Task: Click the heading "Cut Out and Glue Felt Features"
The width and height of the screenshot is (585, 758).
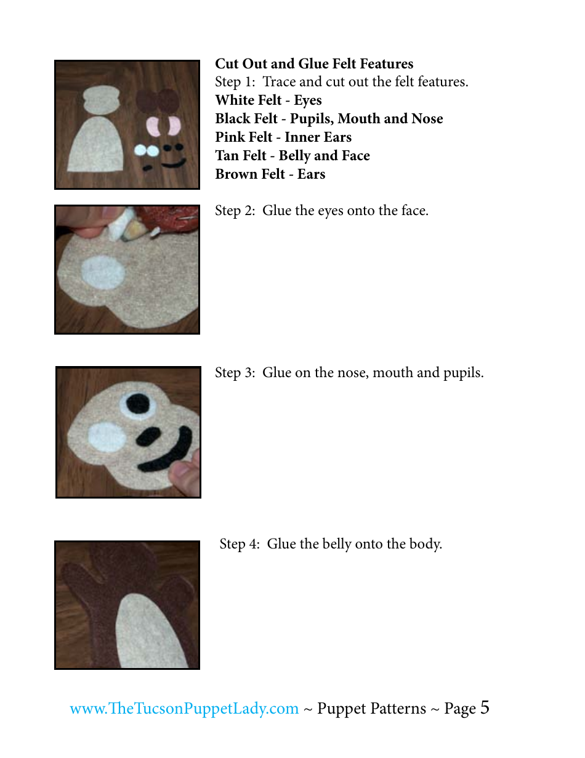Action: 314,64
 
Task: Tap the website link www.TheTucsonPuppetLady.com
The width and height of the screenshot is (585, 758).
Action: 184,709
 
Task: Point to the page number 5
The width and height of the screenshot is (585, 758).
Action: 485,707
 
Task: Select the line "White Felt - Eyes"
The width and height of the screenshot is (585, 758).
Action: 268,100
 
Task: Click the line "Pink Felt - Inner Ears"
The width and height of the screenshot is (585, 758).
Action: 283,137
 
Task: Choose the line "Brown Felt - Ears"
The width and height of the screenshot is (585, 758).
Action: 270,174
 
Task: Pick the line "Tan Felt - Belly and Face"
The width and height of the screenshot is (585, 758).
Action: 292,156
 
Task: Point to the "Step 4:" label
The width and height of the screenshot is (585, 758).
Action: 240,544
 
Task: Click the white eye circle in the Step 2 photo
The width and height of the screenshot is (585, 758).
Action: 102,272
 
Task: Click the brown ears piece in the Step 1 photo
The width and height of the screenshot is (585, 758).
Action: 156,100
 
